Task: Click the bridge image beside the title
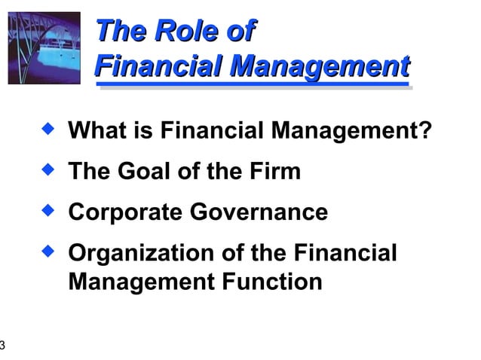(x=44, y=47)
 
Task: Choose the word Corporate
(x=125, y=212)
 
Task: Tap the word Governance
(x=259, y=212)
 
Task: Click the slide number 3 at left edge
(x=2, y=346)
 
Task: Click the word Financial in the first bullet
(x=213, y=132)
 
